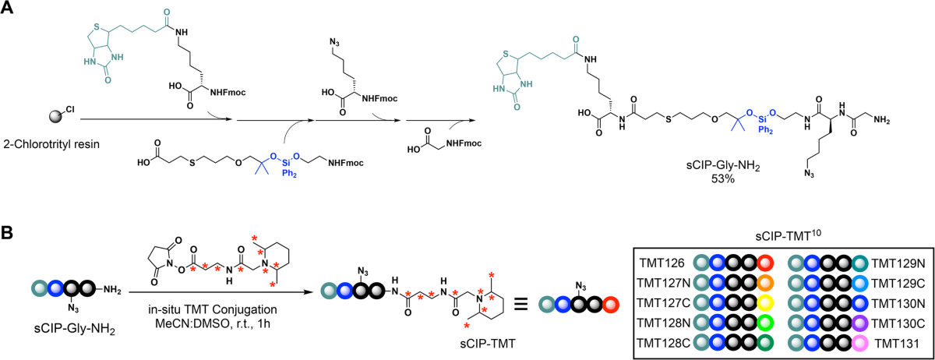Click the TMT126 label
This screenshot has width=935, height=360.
coord(662,263)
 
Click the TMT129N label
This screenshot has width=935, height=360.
coord(897,263)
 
